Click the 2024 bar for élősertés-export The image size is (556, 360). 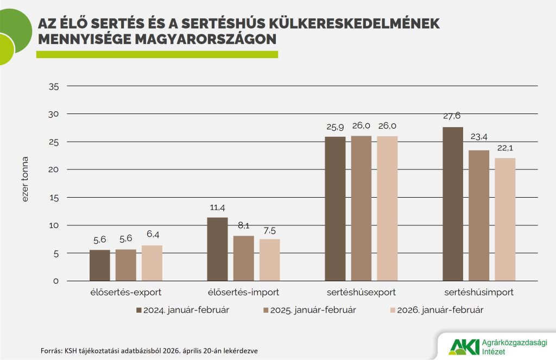(99, 266)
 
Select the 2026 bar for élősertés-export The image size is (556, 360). (152, 263)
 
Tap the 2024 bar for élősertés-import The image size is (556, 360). (217, 249)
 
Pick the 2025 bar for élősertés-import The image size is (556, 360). (243, 258)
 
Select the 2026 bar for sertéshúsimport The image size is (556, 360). (505, 219)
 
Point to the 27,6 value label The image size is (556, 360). (452, 116)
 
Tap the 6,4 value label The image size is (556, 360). (152, 235)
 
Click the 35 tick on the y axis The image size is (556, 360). (53, 86)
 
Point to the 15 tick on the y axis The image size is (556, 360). (53, 198)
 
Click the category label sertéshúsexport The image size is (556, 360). (361, 292)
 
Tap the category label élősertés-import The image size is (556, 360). (243, 292)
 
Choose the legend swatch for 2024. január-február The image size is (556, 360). (138, 310)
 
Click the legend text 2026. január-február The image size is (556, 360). (440, 310)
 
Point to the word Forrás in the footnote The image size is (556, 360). (52, 351)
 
